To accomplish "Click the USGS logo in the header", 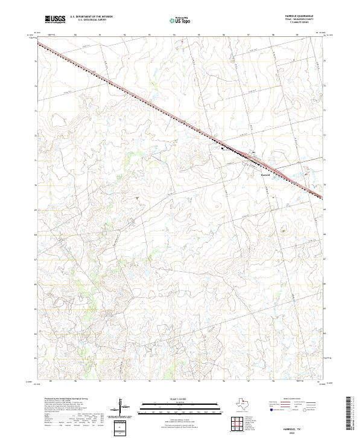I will [x=56, y=19].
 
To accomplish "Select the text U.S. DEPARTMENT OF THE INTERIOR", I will [x=91, y=16].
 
